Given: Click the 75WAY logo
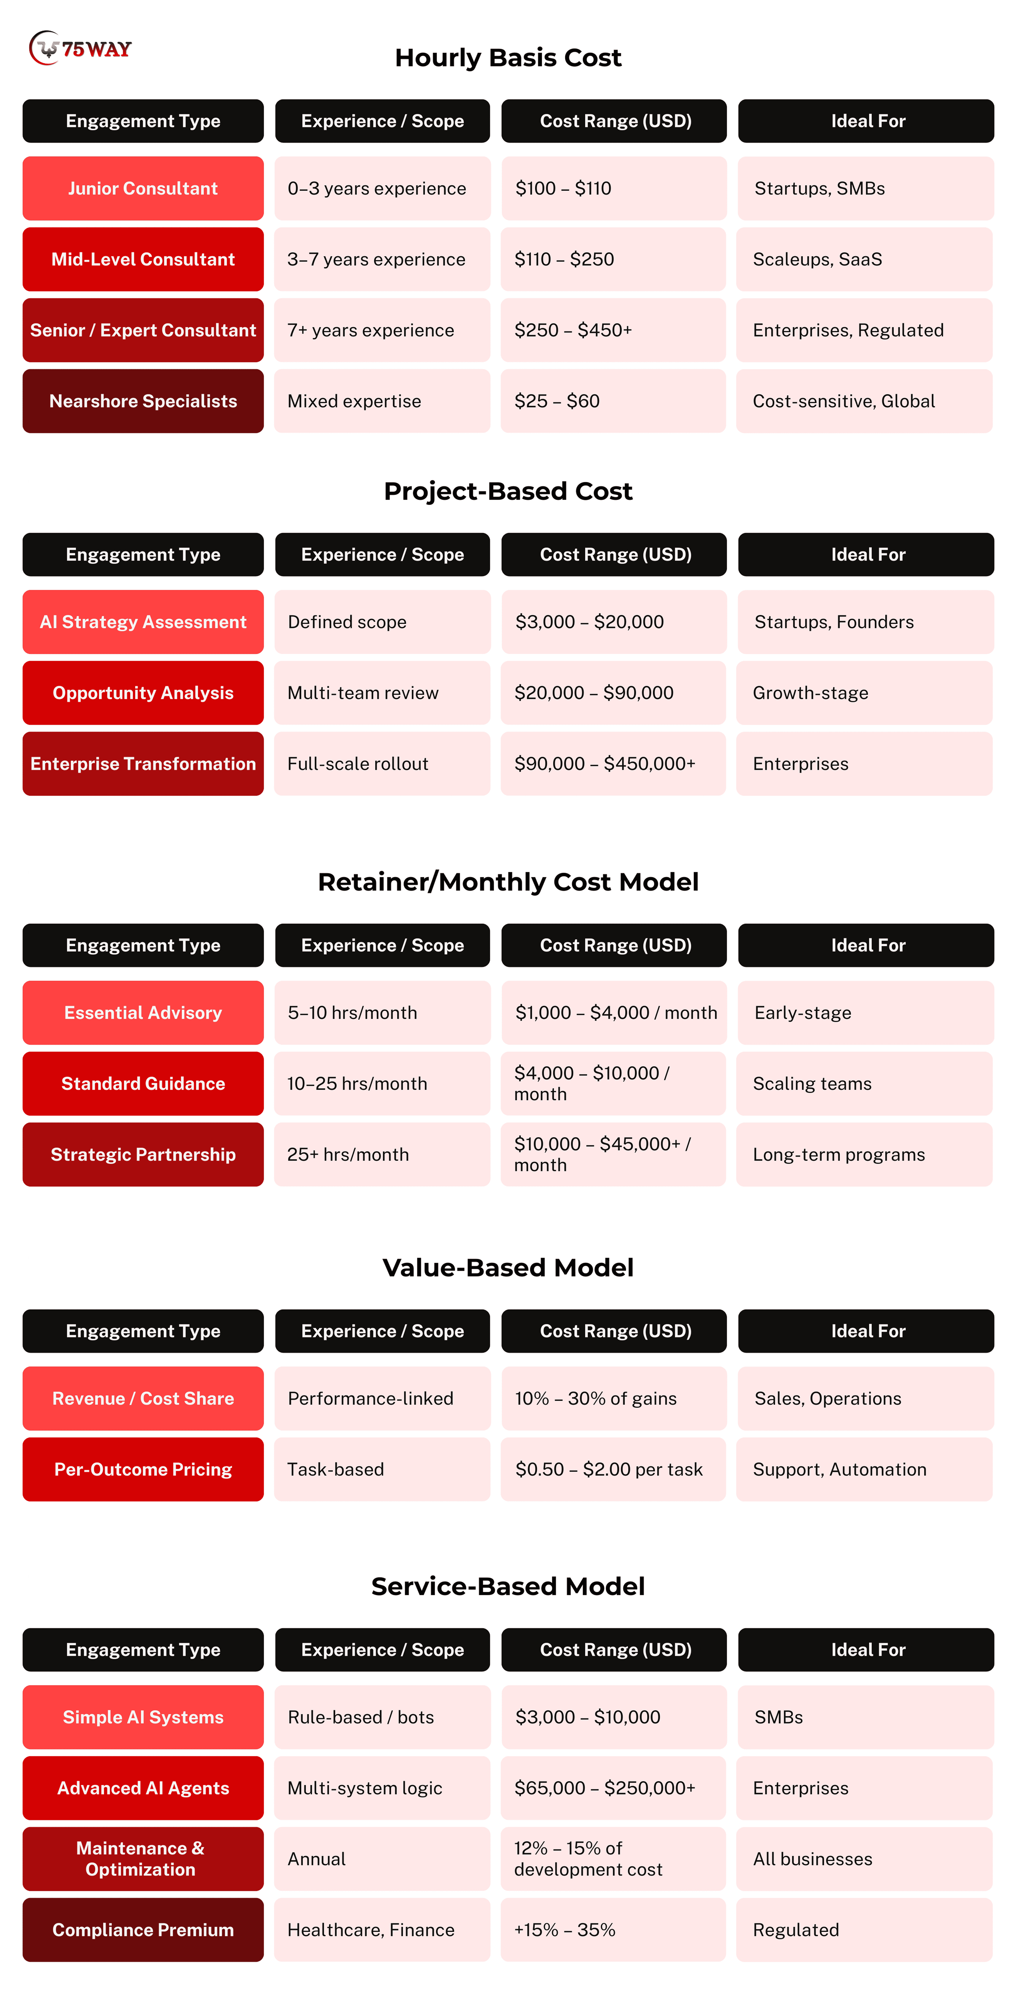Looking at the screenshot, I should click(80, 48).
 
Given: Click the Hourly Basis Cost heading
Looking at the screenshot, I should click(508, 58).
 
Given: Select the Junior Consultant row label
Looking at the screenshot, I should click(142, 189).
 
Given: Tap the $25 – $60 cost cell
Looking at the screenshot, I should click(613, 401).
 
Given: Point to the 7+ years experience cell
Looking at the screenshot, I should click(382, 330).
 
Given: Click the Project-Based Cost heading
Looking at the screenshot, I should click(508, 491).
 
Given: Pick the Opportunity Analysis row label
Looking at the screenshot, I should click(142, 693).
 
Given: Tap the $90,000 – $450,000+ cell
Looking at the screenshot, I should click(613, 764).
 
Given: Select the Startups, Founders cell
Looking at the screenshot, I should click(864, 622).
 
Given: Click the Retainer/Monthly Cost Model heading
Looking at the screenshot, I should click(508, 882).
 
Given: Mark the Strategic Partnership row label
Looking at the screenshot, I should click(142, 1155).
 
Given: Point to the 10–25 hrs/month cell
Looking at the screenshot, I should click(382, 1084).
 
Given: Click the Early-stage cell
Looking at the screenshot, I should click(864, 1013).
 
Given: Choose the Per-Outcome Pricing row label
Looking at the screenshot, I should click(142, 1469).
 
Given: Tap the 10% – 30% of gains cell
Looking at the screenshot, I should click(613, 1398).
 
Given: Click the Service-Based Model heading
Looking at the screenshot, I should click(508, 1586).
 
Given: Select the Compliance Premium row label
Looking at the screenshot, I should click(142, 1930).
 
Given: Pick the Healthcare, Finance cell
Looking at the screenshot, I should click(382, 1930).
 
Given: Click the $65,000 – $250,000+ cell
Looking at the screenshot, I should click(613, 1788).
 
